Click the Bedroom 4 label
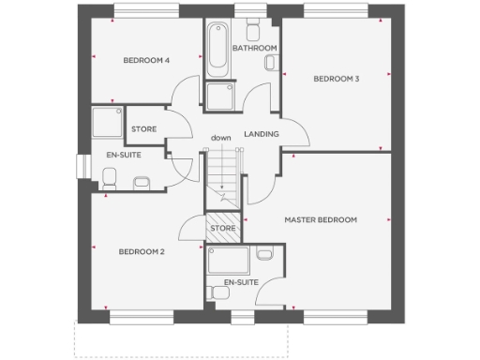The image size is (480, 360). click(146, 61)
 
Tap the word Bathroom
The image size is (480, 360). click(254, 48)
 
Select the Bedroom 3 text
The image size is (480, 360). click(337, 79)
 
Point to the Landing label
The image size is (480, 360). click(262, 134)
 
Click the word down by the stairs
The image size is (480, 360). click(220, 139)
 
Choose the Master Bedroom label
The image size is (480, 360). click(321, 219)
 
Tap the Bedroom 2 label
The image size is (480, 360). click(142, 251)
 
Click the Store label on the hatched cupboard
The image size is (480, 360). click(222, 228)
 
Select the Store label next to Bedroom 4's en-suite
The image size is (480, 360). click(143, 128)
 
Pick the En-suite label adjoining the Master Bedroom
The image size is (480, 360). click(241, 281)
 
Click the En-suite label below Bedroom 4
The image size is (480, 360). click(123, 155)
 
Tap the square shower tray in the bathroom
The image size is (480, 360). click(221, 97)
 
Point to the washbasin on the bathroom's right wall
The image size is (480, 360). click(271, 63)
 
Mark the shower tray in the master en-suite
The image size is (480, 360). click(228, 261)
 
